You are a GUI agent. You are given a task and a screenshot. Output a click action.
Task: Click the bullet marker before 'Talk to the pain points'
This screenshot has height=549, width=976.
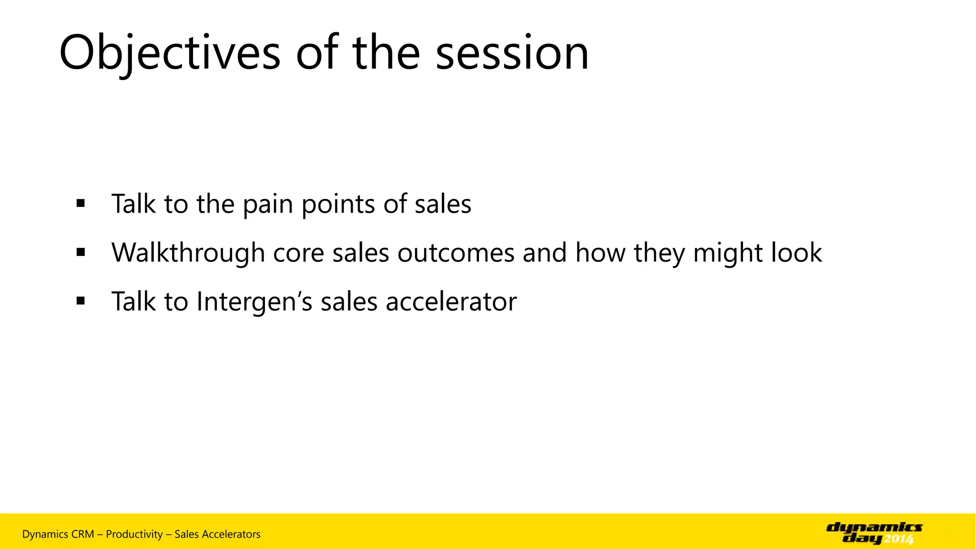(x=81, y=203)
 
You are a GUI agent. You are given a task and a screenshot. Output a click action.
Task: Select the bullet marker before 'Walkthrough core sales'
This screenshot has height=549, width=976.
(x=81, y=252)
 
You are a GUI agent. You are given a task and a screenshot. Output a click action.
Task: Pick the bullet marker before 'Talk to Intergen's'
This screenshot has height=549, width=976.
(x=81, y=301)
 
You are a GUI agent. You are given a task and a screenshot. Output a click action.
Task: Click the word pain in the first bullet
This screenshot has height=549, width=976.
(x=268, y=204)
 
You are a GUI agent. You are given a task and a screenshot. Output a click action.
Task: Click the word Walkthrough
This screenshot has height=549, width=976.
(x=188, y=253)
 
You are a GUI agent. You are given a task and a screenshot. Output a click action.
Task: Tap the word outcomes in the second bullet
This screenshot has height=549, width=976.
(x=456, y=253)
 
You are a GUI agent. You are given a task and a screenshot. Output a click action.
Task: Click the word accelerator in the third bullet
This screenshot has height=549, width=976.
(x=451, y=302)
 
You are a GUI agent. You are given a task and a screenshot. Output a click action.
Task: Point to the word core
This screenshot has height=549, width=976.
(x=298, y=253)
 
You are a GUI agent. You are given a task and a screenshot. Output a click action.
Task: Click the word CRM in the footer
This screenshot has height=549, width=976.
(x=82, y=534)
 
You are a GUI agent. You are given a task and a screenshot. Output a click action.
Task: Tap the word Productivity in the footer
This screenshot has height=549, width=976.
(x=134, y=534)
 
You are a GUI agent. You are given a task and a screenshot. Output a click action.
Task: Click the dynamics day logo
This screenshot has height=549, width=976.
(x=874, y=533)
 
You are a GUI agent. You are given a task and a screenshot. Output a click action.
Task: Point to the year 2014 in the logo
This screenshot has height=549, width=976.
(x=899, y=539)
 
